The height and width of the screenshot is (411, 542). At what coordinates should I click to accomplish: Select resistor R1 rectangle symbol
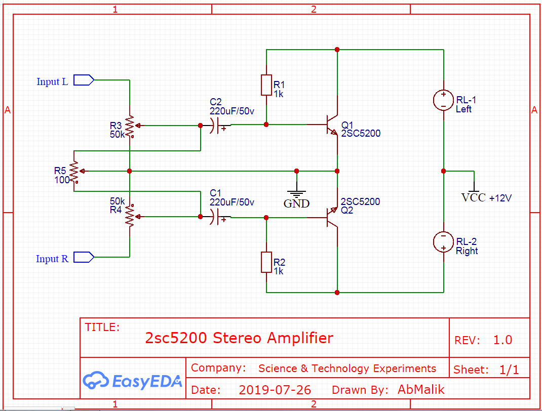266,85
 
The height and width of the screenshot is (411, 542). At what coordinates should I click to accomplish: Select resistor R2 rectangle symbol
266,262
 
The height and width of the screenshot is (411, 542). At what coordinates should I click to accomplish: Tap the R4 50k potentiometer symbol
130,216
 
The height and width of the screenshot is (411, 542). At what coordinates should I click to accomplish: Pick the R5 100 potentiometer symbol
74,171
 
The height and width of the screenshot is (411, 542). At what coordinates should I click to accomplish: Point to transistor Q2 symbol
332,216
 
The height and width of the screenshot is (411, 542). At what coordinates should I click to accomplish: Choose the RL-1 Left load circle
443,100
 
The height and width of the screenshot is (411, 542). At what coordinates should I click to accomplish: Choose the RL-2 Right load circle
443,241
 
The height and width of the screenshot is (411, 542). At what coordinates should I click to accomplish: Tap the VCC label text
473,198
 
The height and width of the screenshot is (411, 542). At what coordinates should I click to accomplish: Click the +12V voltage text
500,198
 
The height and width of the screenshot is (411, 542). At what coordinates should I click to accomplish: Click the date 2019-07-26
275,390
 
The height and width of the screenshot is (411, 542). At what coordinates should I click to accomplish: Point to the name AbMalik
421,389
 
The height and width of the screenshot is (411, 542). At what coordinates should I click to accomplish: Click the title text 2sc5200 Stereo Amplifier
239,338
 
